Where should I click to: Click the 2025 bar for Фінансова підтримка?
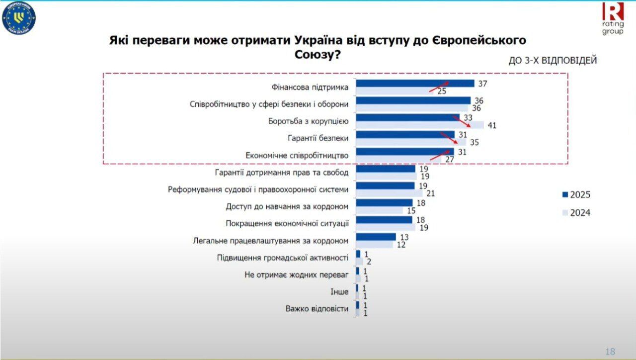coord(415,84)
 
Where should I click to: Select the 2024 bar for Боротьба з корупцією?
coord(420,125)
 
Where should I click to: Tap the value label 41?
coord(492,125)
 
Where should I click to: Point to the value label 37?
coord(481,84)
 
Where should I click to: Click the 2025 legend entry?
coord(576,194)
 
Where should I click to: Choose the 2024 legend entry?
coord(576,213)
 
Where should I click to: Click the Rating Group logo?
coord(613,18)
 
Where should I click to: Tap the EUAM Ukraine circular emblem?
coord(19,19)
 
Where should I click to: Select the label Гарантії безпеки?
coord(318,138)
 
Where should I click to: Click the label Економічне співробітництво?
coord(297,155)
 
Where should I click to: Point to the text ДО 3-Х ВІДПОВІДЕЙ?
coord(553,61)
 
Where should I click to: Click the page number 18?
coord(610,352)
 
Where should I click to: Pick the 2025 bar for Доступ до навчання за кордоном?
coord(384,202)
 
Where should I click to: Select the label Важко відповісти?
coord(317,308)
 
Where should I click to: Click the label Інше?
coord(339,291)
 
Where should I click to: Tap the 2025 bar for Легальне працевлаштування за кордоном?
coord(376,237)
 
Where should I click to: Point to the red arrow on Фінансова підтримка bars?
coord(439,87)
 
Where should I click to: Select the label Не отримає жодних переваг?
coord(297,274)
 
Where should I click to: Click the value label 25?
coord(442,91)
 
